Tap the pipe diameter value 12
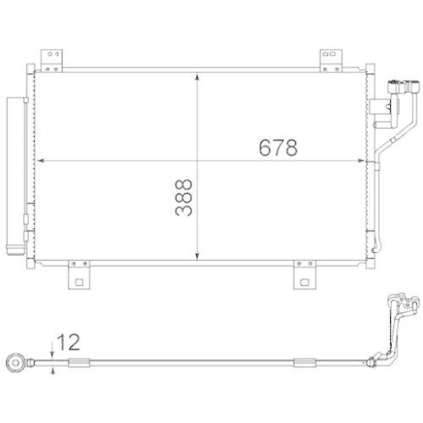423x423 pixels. pyautogui.click(x=70, y=343)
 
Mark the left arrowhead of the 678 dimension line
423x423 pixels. pyautogui.click(x=38, y=160)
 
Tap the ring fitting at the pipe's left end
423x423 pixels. pyautogui.click(x=17, y=363)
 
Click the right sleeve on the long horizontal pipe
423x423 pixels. pyautogui.click(x=302, y=364)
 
